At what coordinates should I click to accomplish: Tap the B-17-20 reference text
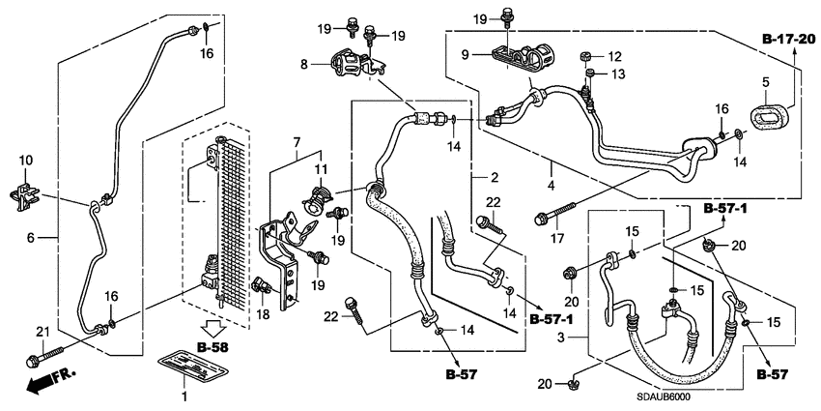789,40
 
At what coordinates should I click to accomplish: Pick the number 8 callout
305,65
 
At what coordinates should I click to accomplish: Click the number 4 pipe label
551,183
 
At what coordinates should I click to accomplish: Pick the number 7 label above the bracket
297,142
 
